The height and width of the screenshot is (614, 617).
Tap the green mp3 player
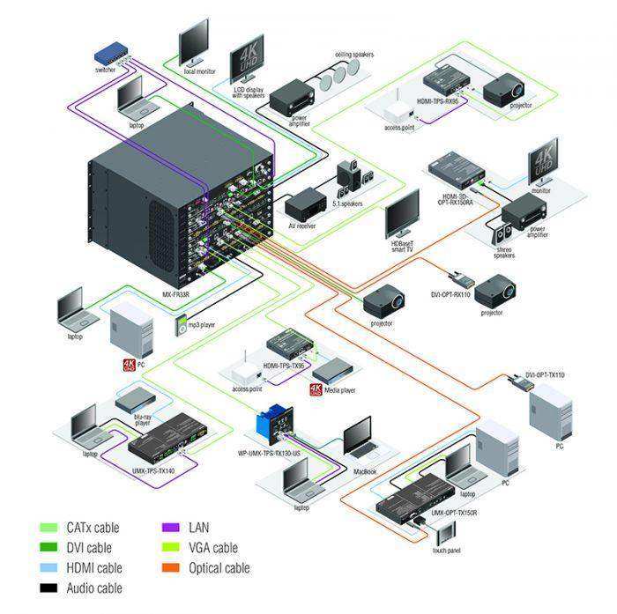[180, 325]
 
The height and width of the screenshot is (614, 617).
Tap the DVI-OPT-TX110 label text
[544, 375]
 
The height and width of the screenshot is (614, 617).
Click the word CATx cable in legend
[93, 529]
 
